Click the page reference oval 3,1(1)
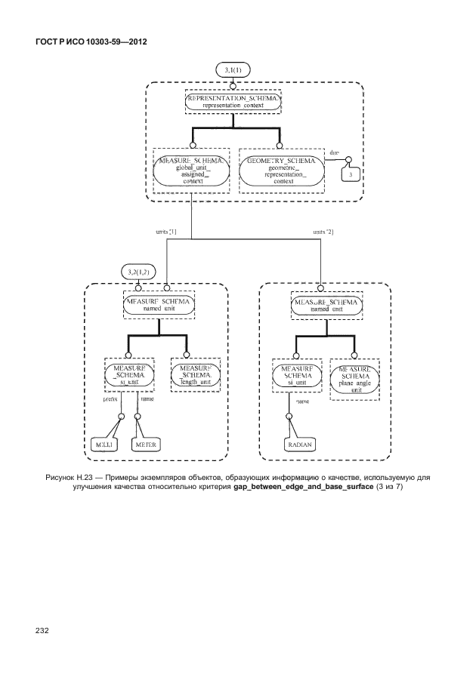click(x=233, y=69)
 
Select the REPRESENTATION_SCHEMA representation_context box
click(x=233, y=102)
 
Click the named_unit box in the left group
click(x=158, y=304)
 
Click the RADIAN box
click(x=300, y=445)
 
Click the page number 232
click(x=42, y=630)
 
